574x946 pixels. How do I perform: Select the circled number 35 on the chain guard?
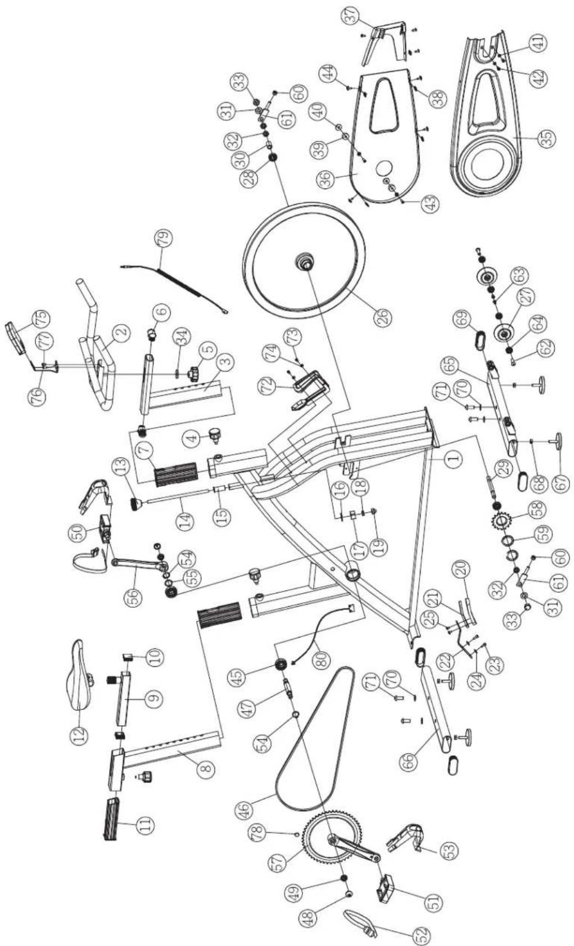(546, 138)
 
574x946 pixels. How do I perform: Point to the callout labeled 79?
(163, 240)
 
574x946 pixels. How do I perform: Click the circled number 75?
(43, 321)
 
